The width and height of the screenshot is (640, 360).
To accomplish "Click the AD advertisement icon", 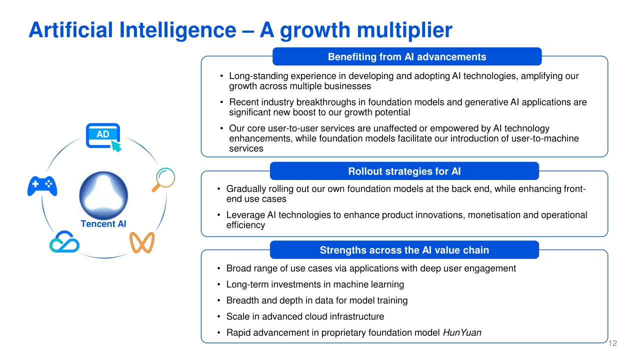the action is [103, 137].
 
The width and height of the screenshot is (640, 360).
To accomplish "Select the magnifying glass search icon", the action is [163, 179].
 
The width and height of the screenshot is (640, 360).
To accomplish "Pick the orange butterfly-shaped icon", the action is [142, 242].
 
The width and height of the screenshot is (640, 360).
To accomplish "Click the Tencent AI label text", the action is [103, 223].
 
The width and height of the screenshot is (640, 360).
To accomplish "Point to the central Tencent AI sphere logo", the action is [103, 195].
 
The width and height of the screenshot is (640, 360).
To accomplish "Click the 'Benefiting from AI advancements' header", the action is [407, 56].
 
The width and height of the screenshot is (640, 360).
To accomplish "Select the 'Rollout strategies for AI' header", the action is [404, 171].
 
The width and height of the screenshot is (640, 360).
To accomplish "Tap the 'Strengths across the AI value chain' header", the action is [404, 250].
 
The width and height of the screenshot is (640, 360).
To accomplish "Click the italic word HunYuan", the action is [462, 332].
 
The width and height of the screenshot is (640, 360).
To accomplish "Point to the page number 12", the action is [613, 343].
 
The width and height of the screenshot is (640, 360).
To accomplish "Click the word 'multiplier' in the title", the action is [404, 30].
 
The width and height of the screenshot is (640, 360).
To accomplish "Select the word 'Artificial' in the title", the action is [71, 29].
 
